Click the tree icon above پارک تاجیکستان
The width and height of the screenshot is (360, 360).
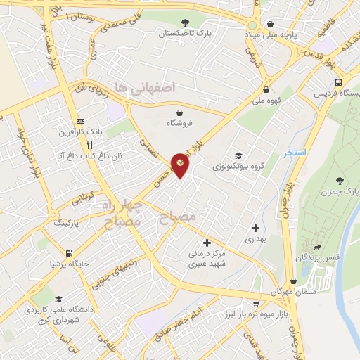pos(186,22)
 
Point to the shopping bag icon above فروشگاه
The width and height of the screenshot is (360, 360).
pos(180,111)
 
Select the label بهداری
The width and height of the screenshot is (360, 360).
pos(255,239)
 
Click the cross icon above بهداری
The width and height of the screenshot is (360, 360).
pos(255,228)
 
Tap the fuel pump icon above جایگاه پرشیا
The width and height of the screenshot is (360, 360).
pos(67,254)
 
